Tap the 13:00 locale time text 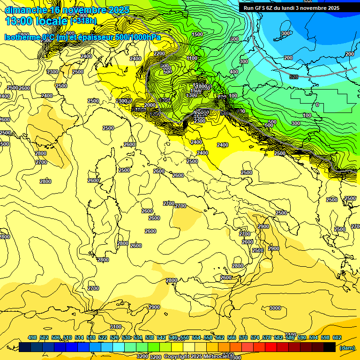[37, 21]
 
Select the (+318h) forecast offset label [83, 21]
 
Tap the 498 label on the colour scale [32, 337]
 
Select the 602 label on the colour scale [337, 337]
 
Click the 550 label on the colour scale [184, 337]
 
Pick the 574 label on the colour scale [255, 337]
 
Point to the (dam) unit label [347, 347]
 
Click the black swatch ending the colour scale [330, 347]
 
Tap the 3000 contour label [275, 308]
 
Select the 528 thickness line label [293, 76]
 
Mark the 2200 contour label [159, 53]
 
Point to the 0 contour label [317, 105]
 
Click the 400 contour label [234, 72]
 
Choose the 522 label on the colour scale [103, 337]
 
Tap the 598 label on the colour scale [325, 337]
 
